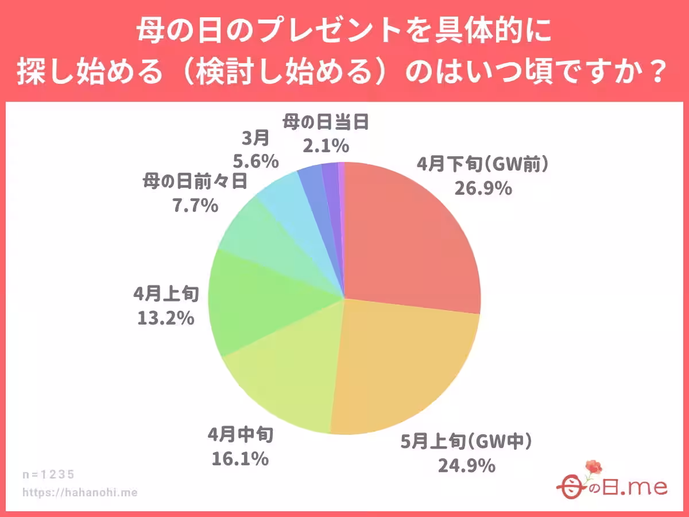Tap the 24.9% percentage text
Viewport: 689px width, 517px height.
tap(466, 465)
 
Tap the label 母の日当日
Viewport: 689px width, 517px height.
tap(324, 122)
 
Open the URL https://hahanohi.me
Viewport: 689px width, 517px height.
tap(80, 492)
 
